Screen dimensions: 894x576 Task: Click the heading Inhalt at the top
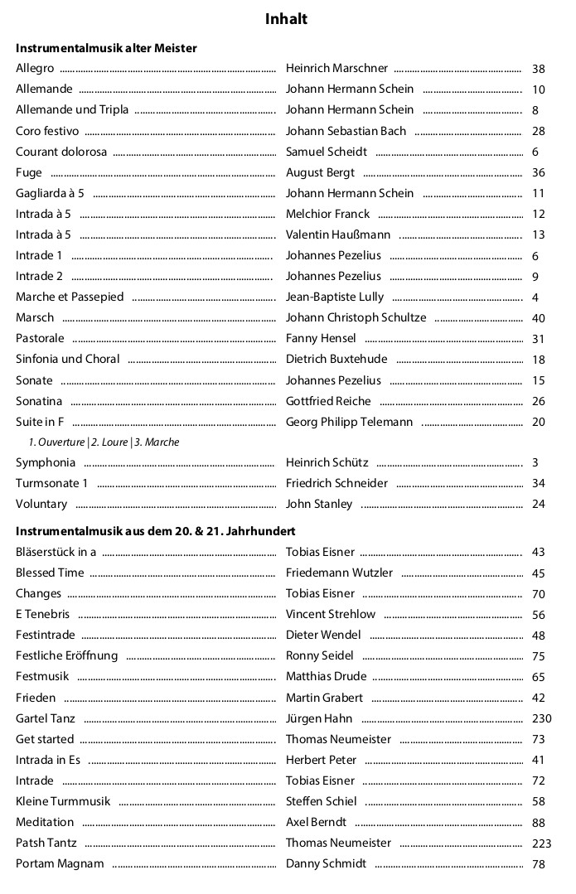pos(286,19)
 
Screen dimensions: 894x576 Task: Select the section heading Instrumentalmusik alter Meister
pos(106,48)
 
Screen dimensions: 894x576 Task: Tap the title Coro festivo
pos(47,131)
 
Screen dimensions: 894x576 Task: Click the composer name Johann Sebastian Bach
pos(346,131)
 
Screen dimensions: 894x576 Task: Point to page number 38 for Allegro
pos(538,69)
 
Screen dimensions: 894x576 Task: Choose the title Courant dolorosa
pos(61,152)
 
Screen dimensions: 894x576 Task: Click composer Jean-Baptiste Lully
pos(335,297)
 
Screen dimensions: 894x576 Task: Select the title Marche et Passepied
pos(70,297)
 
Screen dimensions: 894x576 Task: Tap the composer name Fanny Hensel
pos(321,338)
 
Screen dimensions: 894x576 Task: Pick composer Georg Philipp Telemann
pos(349,422)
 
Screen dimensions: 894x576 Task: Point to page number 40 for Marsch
pos(538,318)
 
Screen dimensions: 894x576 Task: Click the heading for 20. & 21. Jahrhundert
pos(156,530)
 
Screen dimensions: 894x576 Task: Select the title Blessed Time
pos(50,573)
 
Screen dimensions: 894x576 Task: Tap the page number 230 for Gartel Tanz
pos(540,718)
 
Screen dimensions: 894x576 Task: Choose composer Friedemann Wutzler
pos(339,573)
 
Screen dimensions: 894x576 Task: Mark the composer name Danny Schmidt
pos(326,863)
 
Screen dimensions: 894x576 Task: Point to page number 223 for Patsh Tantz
pos(540,843)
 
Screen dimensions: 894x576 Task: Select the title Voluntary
pos(41,504)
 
